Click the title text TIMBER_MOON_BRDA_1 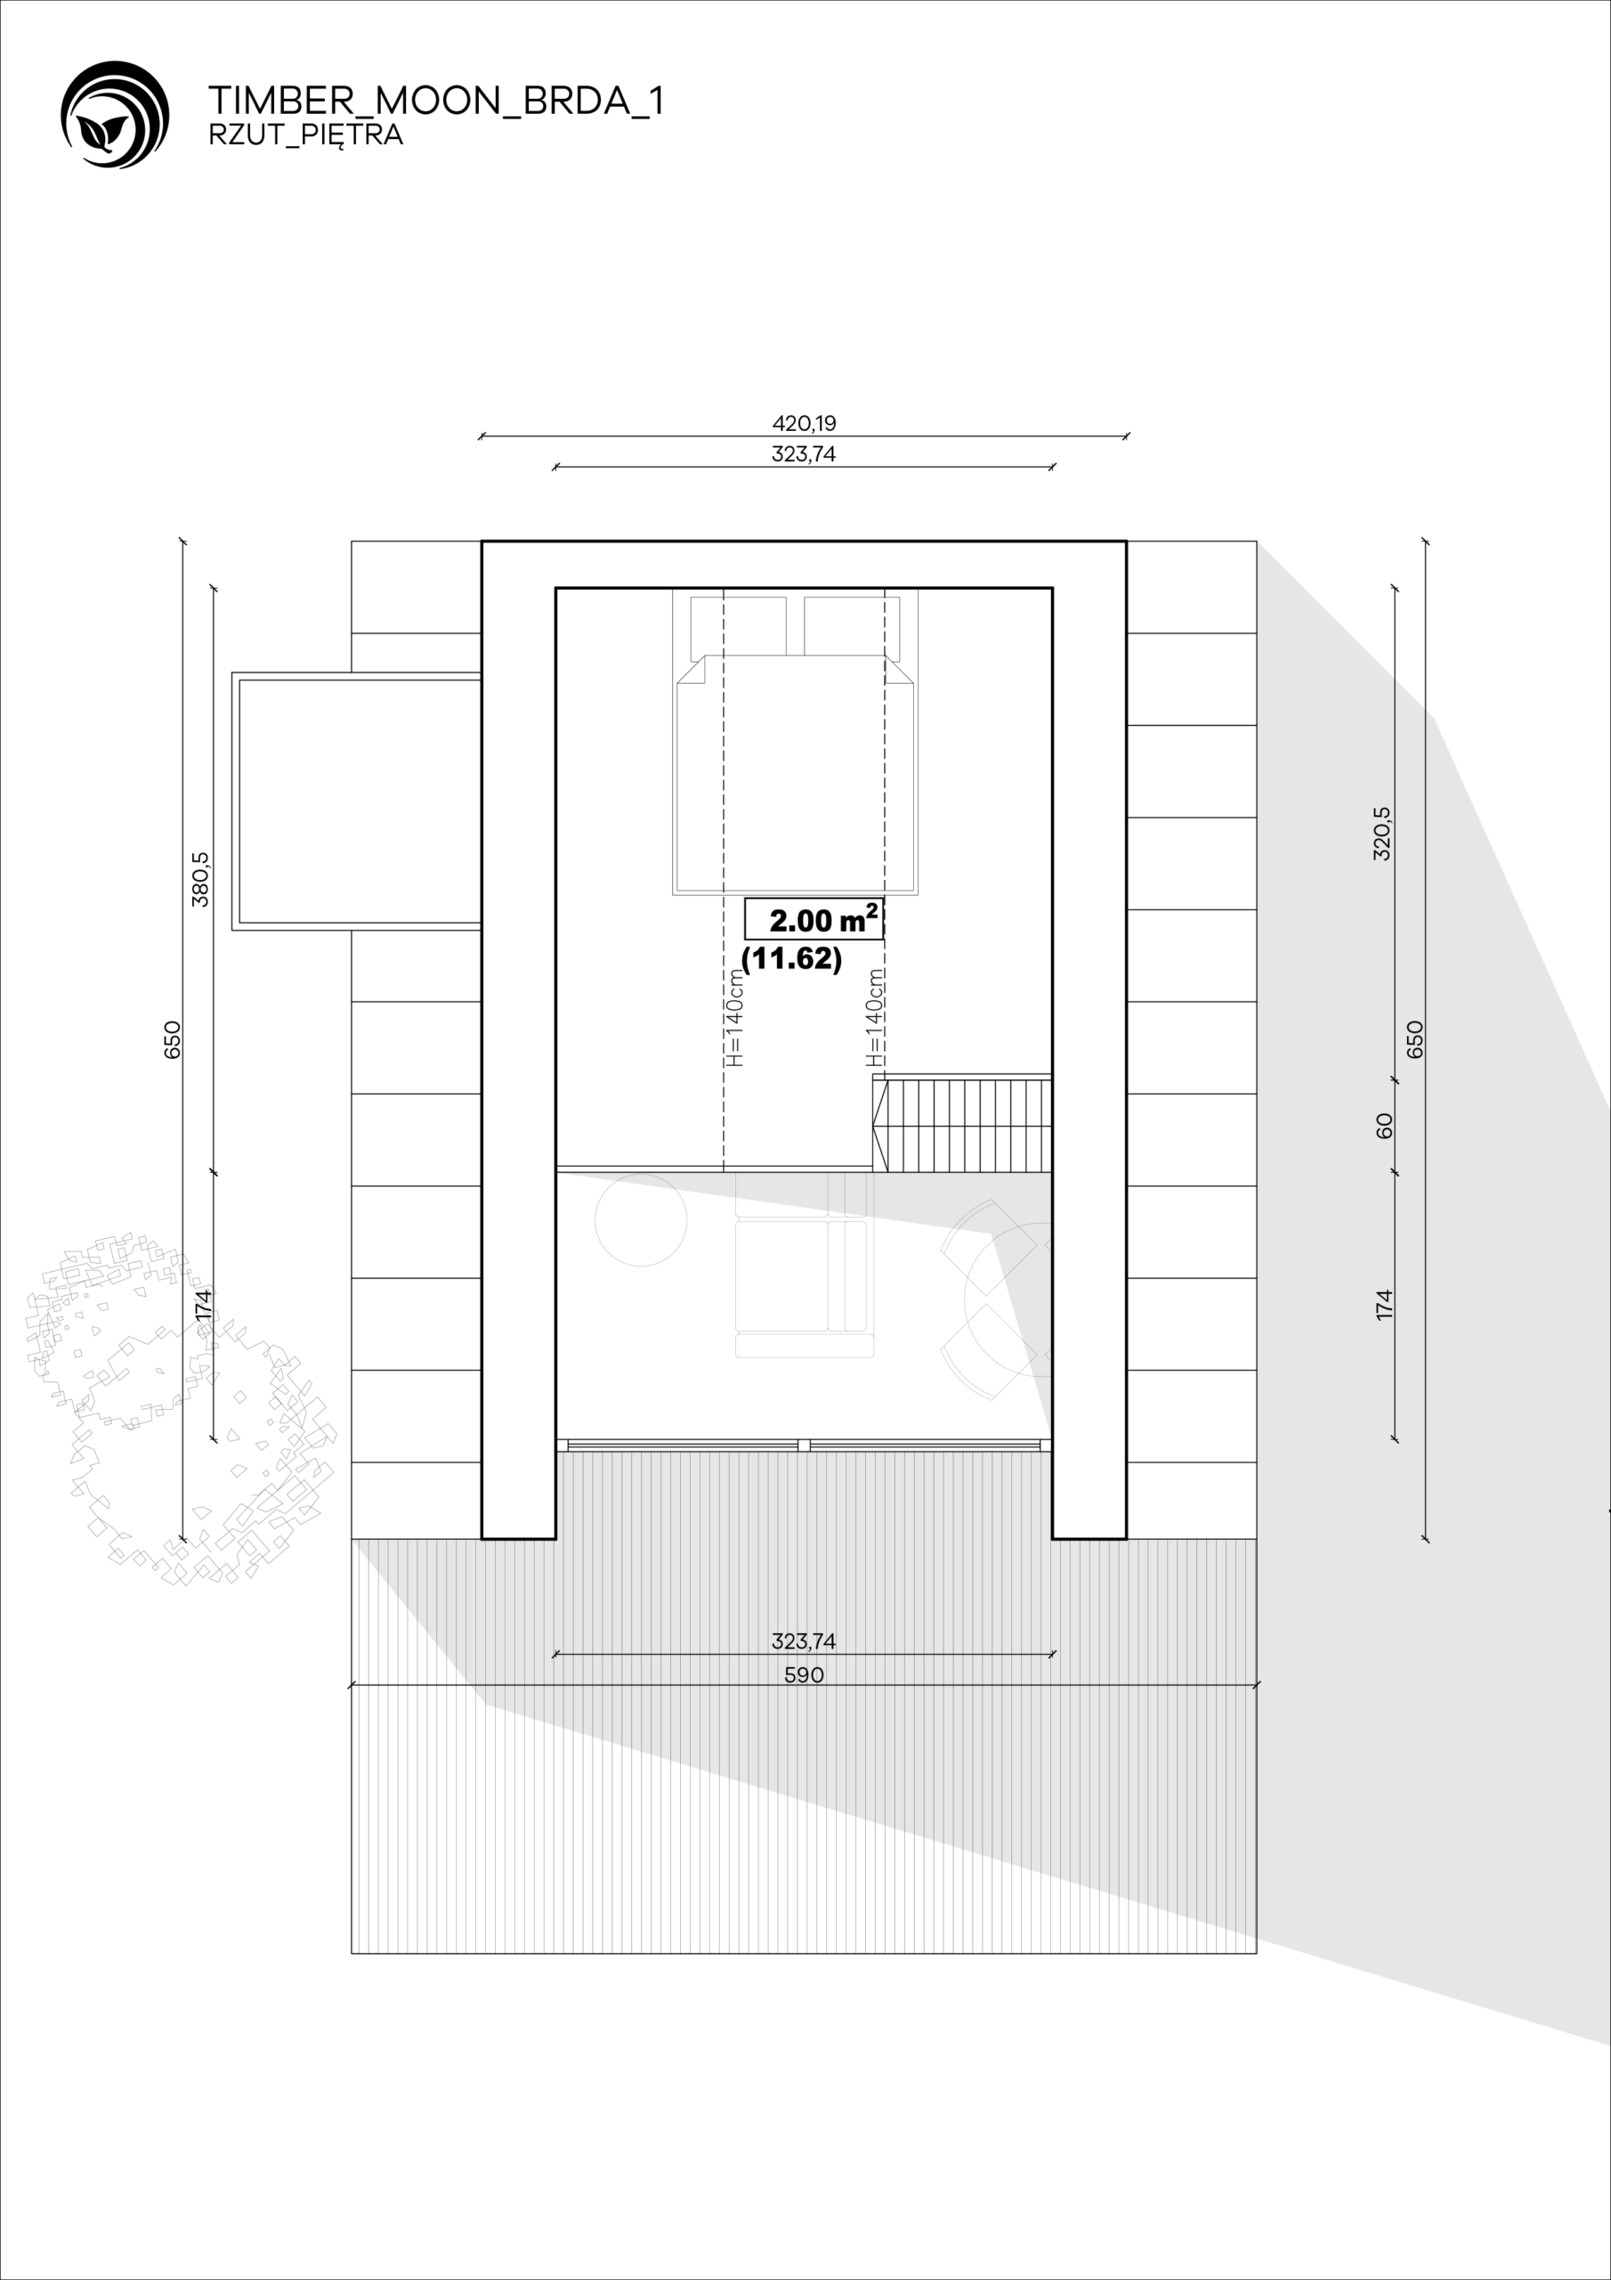436,101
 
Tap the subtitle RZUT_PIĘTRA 305,135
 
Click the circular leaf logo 115,114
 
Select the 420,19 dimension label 804,423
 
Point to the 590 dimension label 804,1675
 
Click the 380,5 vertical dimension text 200,879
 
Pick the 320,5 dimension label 1381,833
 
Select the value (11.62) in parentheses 792,958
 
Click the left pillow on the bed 739,628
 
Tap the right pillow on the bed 852,628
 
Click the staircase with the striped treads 962,1124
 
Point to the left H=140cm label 734,1018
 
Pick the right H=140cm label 875,1018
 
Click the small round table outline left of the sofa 640,1220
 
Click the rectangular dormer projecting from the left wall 357,802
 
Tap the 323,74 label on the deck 804,1641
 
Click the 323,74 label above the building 804,455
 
